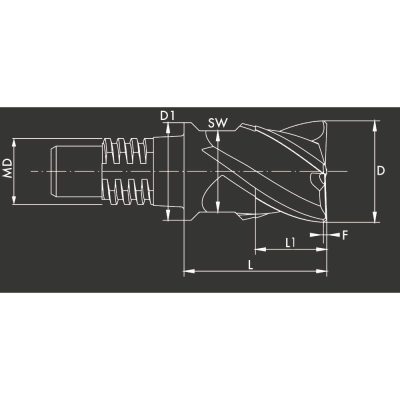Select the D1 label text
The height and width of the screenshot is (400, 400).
[167, 115]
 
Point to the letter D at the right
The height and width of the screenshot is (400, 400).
[381, 171]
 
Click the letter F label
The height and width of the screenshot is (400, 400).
[344, 234]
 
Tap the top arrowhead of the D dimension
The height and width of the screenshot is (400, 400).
[374, 124]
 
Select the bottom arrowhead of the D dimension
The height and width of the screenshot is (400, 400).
[374, 218]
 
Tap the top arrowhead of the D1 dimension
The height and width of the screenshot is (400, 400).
[168, 127]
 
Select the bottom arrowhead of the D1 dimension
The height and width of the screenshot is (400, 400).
[168, 216]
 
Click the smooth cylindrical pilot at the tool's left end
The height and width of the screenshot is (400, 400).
[75, 171]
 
